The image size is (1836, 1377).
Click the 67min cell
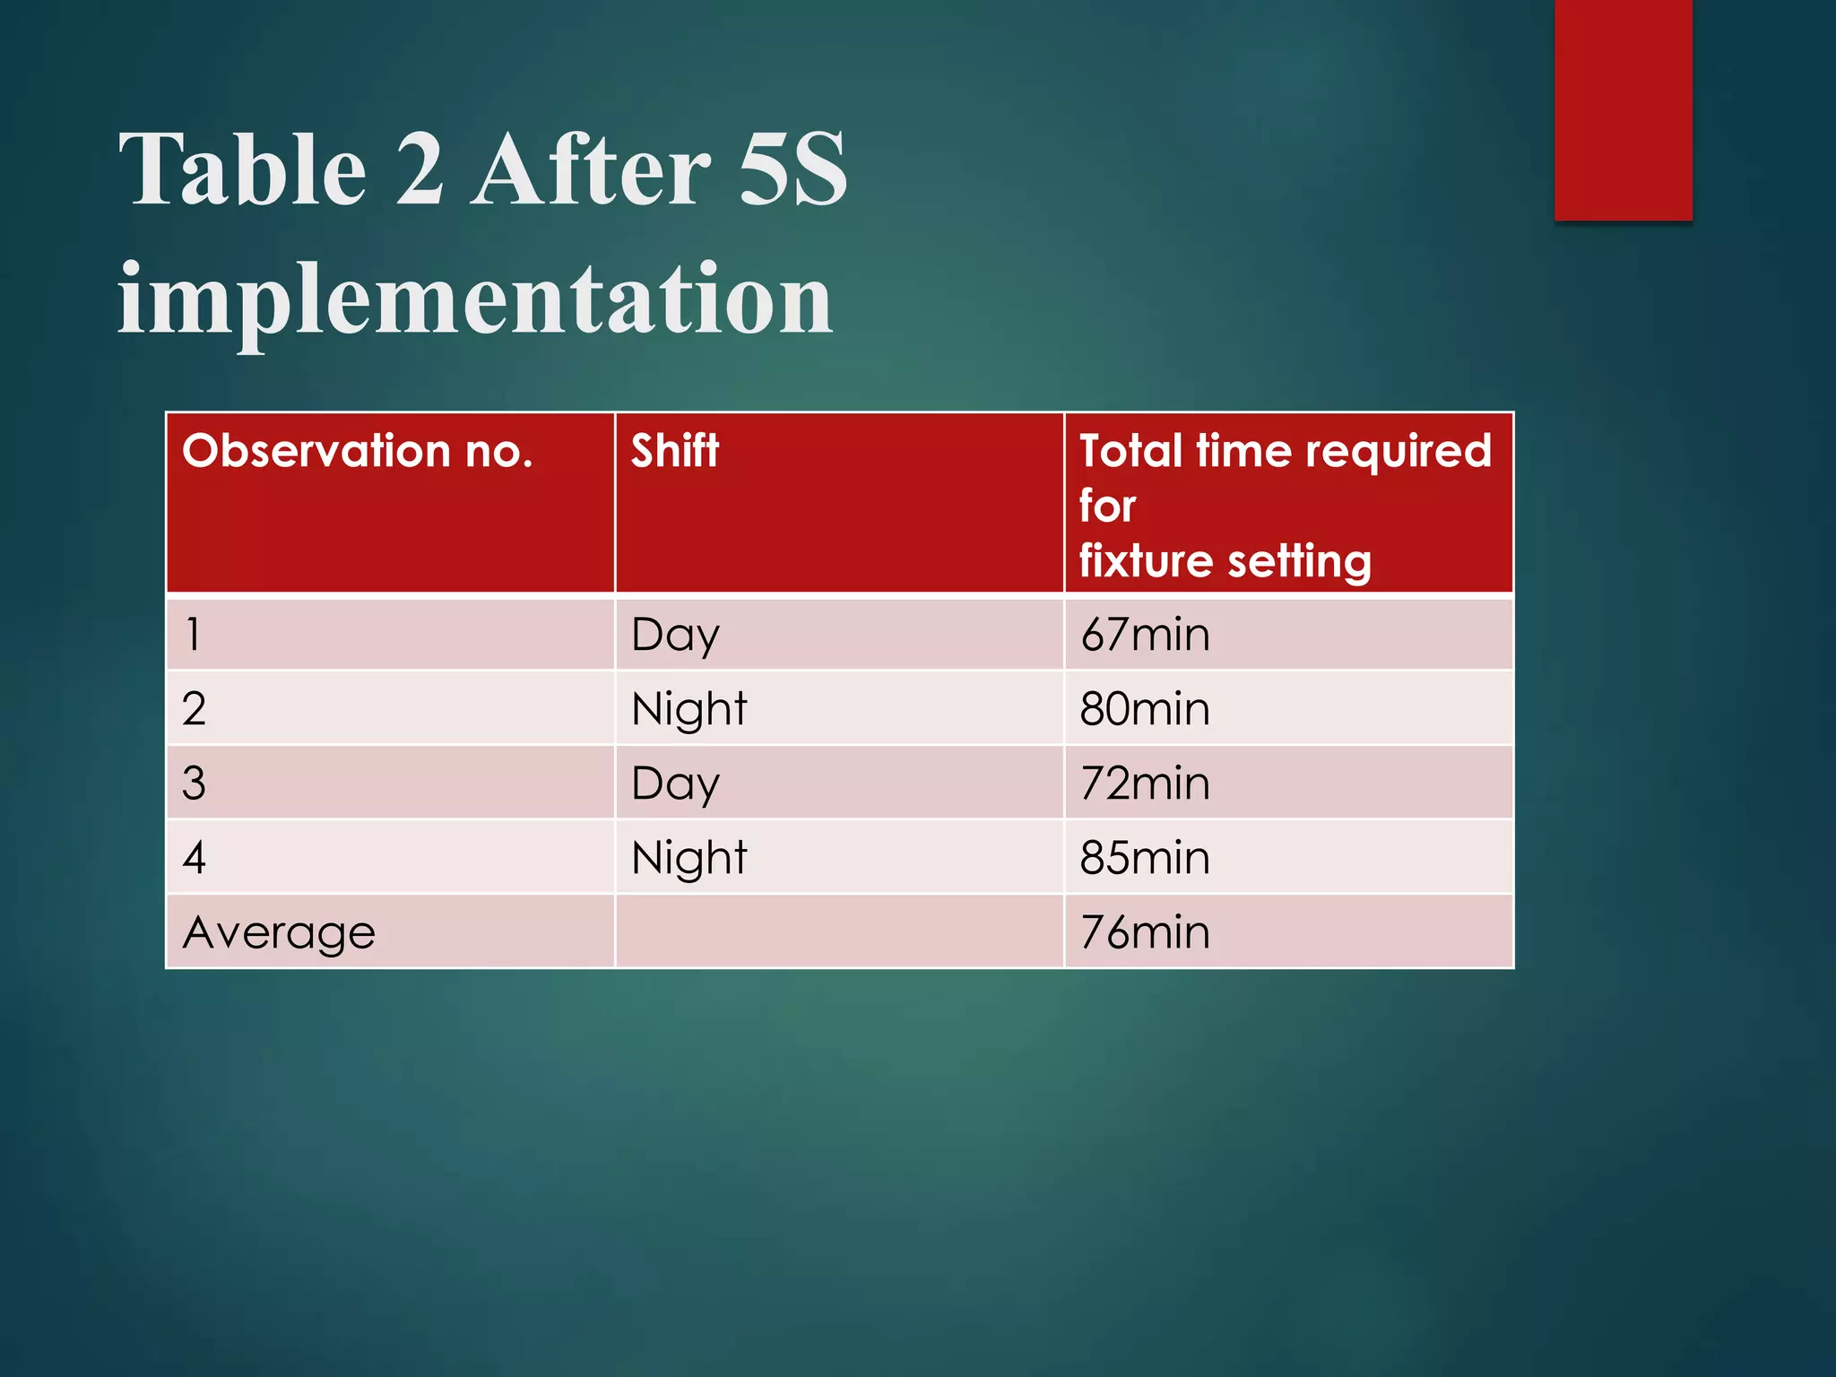click(1145, 635)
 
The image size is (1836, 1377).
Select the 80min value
click(1145, 709)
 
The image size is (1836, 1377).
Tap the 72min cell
click(1145, 784)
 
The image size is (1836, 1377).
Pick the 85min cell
click(1145, 858)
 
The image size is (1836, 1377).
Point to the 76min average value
click(1145, 932)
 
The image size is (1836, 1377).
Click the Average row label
click(279, 933)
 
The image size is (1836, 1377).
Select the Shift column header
click(674, 451)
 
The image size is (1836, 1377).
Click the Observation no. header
click(358, 451)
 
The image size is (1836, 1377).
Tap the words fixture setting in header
click(1225, 562)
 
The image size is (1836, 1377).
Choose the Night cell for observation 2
click(688, 710)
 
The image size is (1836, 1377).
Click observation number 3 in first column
click(194, 784)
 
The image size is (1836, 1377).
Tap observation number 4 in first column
click(195, 858)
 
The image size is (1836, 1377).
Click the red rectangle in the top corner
click(1623, 109)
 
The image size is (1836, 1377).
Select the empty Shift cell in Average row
click(839, 932)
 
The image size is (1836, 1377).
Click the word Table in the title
click(243, 169)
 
